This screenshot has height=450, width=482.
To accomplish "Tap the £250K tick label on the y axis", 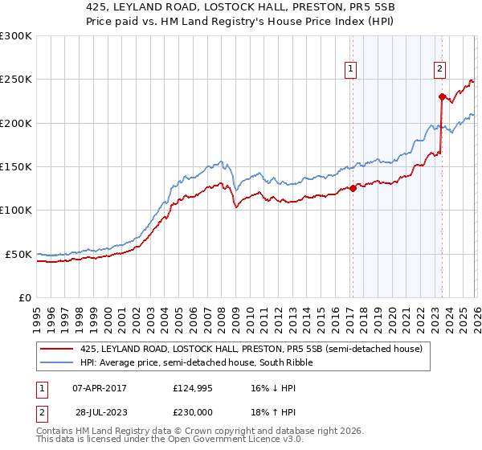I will point(16,80).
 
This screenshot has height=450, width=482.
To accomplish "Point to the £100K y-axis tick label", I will point(16,210).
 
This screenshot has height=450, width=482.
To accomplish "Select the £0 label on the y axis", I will point(24,297).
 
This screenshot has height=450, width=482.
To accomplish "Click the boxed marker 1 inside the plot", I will point(352,70).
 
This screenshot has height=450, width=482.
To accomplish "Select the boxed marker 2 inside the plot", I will point(440,70).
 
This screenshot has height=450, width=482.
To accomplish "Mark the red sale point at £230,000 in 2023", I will point(442,97).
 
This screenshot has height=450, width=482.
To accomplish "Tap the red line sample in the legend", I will point(56,349).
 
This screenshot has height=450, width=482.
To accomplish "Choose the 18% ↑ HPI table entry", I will point(273,415).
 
